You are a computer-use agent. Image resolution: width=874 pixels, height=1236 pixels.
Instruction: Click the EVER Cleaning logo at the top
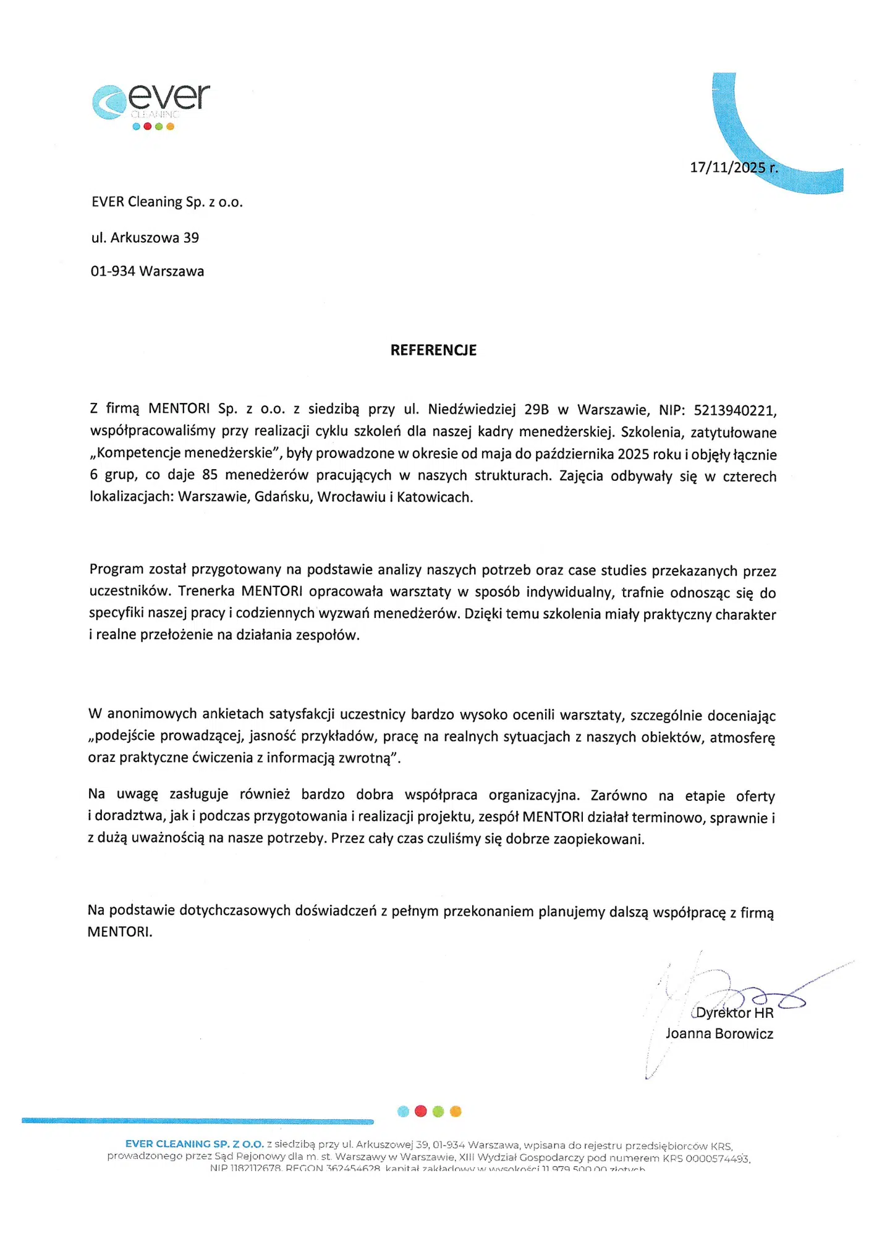pos(151,105)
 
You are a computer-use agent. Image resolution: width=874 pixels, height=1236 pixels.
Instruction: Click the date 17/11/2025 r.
pos(734,167)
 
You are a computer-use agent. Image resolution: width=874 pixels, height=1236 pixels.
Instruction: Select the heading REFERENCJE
pos(433,350)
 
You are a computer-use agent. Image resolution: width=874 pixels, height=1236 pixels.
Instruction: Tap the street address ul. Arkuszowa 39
pos(145,238)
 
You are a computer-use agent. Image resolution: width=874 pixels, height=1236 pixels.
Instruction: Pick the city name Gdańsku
pos(282,497)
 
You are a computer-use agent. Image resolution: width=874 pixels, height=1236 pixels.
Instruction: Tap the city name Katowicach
pos(435,497)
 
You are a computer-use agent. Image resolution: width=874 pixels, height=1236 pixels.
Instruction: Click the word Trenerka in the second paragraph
pos(206,591)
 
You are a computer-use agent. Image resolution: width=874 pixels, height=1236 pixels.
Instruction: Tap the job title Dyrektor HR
pos(734,1013)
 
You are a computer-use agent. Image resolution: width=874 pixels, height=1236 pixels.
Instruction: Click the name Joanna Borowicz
pos(719,1034)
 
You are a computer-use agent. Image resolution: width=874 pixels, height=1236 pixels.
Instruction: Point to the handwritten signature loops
pos(766,996)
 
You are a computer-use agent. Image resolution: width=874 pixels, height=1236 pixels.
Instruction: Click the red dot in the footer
pos(421,1111)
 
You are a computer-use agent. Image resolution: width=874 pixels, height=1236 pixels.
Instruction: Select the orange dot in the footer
pos(456,1111)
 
